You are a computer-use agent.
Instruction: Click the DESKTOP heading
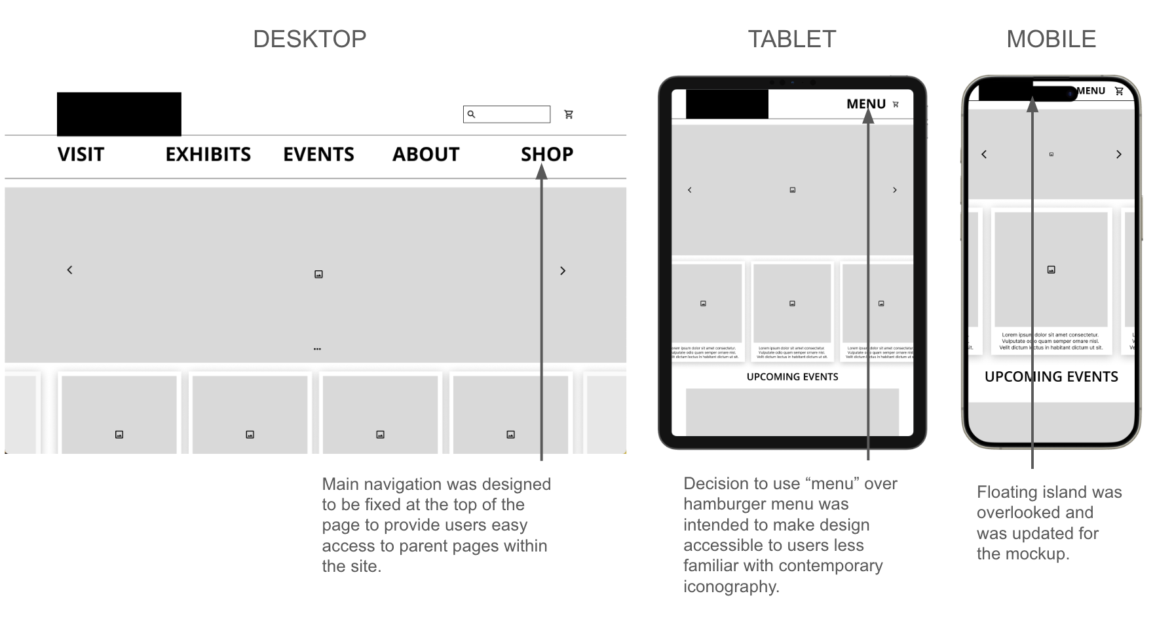pyautogui.click(x=309, y=39)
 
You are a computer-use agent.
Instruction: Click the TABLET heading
pyautogui.click(x=791, y=39)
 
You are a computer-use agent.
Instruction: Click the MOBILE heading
pyautogui.click(x=1051, y=39)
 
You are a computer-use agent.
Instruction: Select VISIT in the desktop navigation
pyautogui.click(x=81, y=155)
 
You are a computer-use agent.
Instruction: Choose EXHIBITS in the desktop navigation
pyautogui.click(x=208, y=155)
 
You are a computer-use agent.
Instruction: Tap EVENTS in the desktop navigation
pyautogui.click(x=318, y=155)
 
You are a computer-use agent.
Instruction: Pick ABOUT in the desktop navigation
pyautogui.click(x=426, y=155)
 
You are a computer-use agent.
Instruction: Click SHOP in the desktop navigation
pyautogui.click(x=547, y=155)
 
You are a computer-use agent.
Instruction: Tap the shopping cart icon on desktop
pyautogui.click(x=569, y=114)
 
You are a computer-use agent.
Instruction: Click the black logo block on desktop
pyautogui.click(x=119, y=113)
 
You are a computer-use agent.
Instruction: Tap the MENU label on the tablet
pyautogui.click(x=865, y=104)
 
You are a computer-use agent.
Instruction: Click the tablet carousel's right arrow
pyautogui.click(x=895, y=190)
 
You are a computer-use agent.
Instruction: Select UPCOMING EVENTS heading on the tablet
pyautogui.click(x=792, y=377)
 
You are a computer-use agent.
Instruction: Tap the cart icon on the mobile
pyautogui.click(x=1119, y=91)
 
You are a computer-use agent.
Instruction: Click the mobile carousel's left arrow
pyautogui.click(x=984, y=155)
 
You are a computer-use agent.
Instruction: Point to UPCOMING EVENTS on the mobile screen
pyautogui.click(x=1051, y=377)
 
